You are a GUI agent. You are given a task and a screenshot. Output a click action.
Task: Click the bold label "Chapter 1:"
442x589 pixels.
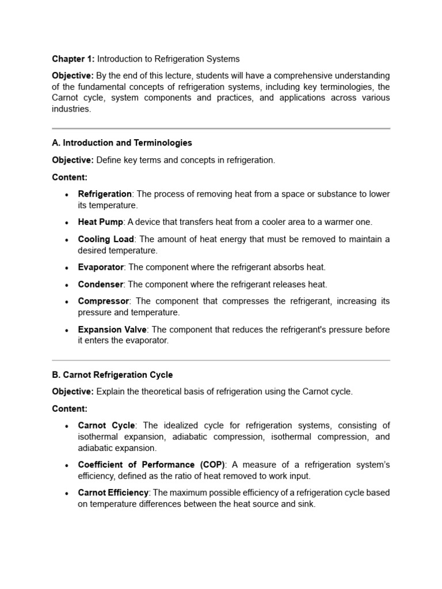tap(73, 59)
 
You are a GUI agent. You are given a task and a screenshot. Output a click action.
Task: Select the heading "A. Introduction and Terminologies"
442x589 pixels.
tap(122, 143)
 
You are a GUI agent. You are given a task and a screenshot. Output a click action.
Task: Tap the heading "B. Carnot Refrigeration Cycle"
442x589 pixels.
tap(112, 374)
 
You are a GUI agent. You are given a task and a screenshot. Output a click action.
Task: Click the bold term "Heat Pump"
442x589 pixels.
tap(101, 222)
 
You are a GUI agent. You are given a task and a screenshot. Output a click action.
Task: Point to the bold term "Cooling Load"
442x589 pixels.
tap(106, 239)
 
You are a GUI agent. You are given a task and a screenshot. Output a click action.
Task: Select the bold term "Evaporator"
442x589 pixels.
tap(101, 267)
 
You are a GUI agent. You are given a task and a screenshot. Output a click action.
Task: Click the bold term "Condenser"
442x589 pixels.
tap(101, 284)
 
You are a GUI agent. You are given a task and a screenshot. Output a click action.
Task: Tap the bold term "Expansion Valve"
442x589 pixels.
tap(113, 330)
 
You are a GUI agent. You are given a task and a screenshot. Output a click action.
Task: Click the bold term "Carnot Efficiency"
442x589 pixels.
tap(113, 493)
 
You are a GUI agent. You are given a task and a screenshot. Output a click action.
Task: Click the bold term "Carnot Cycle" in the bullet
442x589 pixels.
tap(106, 426)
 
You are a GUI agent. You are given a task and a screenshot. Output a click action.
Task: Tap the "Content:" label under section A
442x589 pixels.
tap(70, 177)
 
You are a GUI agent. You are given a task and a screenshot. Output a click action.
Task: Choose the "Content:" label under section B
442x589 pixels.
tap(70, 409)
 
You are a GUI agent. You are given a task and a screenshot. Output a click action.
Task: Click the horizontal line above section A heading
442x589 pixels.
tap(221, 128)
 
